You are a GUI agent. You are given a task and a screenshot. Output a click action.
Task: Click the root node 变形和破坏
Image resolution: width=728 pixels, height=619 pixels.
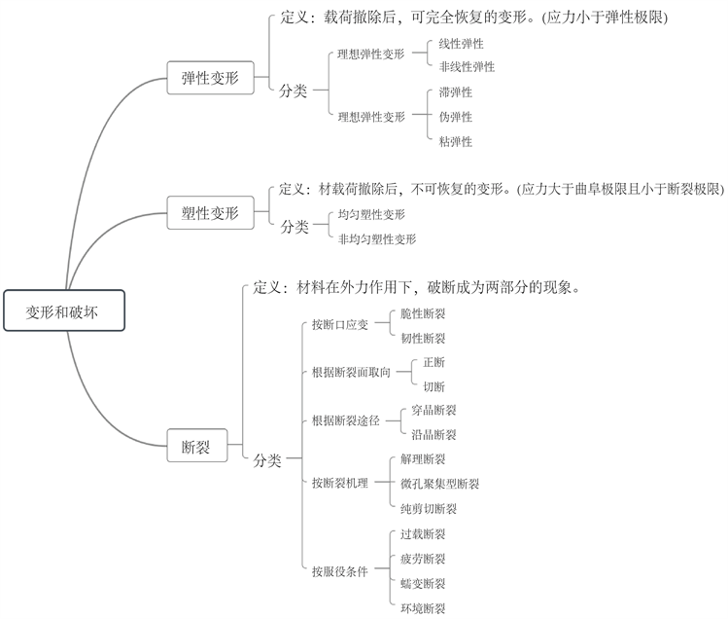63,311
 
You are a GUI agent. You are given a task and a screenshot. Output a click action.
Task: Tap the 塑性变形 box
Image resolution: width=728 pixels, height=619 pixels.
210,213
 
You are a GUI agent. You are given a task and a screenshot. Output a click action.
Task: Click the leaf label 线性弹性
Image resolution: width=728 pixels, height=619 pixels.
461,44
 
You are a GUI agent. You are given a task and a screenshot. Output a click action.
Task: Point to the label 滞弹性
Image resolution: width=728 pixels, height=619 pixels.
455,92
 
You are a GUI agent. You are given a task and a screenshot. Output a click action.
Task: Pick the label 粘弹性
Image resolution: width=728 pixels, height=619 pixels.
455,141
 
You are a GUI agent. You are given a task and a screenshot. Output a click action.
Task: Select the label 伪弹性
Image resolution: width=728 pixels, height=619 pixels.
455,117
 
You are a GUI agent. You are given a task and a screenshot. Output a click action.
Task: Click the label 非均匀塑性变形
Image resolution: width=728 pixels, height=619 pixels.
377,238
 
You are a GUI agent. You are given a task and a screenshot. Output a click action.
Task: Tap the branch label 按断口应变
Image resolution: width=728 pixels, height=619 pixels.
340,325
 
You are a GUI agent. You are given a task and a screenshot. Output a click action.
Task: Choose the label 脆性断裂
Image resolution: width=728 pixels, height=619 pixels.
423,313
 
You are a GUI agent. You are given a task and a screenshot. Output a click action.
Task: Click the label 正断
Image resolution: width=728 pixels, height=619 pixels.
433,362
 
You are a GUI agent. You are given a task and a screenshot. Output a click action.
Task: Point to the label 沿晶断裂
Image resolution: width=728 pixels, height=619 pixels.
433,434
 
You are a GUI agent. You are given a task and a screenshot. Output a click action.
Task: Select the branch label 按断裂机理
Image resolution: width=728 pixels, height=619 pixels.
340,483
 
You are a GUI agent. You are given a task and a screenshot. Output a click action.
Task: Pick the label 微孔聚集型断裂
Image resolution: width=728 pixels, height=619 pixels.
439,483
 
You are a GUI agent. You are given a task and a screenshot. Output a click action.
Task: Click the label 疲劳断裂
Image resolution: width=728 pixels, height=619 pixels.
423,559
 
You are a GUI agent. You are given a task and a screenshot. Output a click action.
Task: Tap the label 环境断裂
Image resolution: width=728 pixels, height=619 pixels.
423,608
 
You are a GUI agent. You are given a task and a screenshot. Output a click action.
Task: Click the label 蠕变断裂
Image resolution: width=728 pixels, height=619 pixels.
423,584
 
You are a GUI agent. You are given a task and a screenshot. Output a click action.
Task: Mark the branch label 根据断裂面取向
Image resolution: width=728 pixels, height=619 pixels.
351,373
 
